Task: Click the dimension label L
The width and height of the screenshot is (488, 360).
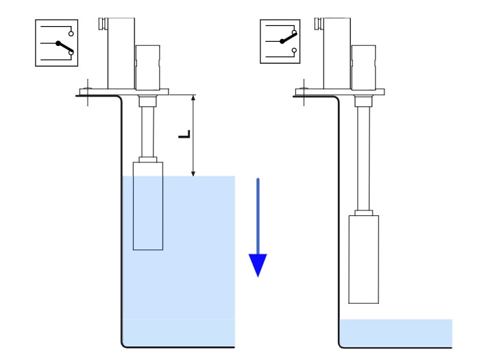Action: (x=184, y=134)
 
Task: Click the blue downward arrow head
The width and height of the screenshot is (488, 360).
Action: (x=258, y=265)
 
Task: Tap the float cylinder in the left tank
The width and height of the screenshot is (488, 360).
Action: (x=148, y=206)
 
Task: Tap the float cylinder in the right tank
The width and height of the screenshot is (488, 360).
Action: (x=363, y=259)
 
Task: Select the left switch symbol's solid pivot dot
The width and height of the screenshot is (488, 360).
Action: (x=58, y=43)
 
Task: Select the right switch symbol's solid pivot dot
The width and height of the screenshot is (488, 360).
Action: (x=282, y=41)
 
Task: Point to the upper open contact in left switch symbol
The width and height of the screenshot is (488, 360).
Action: (x=71, y=34)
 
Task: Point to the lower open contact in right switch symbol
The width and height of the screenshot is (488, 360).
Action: (x=294, y=50)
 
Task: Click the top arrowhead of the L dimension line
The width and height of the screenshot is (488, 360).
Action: (x=193, y=97)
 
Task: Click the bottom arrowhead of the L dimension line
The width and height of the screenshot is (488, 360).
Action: (x=193, y=173)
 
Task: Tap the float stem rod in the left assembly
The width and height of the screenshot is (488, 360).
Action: (x=148, y=132)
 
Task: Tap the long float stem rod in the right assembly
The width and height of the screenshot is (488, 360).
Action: (x=363, y=158)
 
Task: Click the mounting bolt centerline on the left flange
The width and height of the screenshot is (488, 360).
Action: (x=88, y=93)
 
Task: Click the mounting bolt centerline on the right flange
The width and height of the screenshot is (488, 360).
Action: (x=304, y=93)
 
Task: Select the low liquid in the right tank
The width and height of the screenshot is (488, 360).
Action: (x=395, y=333)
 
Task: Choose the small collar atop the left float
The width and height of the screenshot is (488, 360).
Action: (x=148, y=160)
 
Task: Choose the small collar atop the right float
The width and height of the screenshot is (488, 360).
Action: (x=363, y=213)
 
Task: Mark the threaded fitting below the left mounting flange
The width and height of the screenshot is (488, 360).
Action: (x=147, y=101)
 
